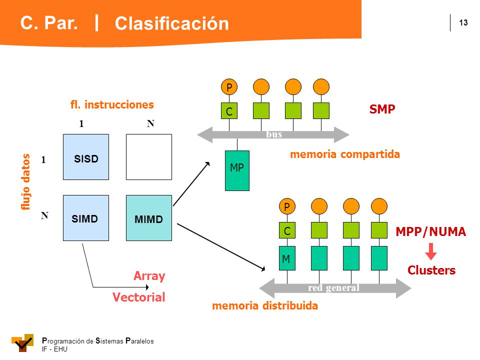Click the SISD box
click(86, 157)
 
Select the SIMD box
click(86, 218)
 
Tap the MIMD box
click(149, 218)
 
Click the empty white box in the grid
click(149, 157)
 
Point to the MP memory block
click(237, 171)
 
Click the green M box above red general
click(287, 258)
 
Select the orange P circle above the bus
click(229, 87)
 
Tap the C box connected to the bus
click(229, 111)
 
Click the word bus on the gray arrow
click(274, 134)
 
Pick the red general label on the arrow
click(333, 288)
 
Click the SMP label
click(382, 109)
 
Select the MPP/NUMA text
click(430, 231)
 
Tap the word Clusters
click(431, 270)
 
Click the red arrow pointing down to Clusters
click(431, 251)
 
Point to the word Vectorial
click(138, 297)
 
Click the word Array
click(149, 276)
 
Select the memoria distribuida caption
click(265, 305)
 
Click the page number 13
click(463, 22)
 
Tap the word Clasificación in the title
click(171, 23)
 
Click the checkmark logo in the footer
click(22, 343)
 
